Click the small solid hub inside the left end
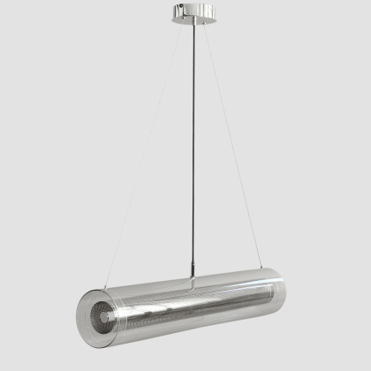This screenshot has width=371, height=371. point(103,313)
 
